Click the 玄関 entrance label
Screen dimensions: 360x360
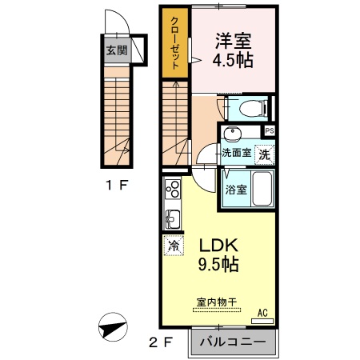coord(116,50)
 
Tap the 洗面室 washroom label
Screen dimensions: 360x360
coord(237,151)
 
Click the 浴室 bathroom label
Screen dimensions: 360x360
coord(236,190)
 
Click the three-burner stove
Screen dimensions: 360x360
coord(173,190)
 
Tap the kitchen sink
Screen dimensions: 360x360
coord(172,217)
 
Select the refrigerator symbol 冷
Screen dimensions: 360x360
coord(173,246)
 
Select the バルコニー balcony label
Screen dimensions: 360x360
coord(232,342)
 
